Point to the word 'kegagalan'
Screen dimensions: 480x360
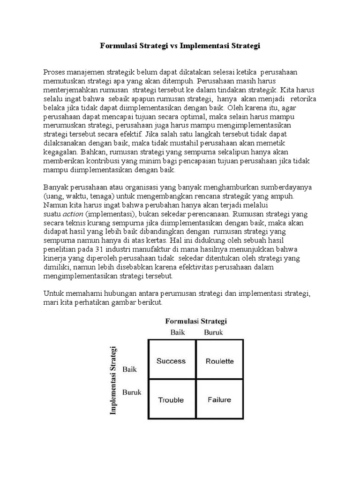[x=60, y=152]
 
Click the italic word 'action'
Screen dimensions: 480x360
[x=73, y=214]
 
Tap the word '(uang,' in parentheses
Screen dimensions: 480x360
[x=53, y=196]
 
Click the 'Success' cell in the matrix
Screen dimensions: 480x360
[x=171, y=361]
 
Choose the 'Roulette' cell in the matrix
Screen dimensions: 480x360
[x=219, y=361]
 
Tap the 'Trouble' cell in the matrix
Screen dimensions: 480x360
[x=171, y=400]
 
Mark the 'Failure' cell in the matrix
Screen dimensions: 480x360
[x=219, y=400]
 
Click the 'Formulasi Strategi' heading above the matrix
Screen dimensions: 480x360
[x=196, y=321]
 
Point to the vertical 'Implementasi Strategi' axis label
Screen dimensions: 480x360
[x=113, y=380]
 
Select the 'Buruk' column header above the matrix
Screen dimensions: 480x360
[x=214, y=332]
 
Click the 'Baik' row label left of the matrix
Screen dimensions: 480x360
[x=129, y=369]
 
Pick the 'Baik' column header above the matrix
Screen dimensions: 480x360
[x=178, y=332]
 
